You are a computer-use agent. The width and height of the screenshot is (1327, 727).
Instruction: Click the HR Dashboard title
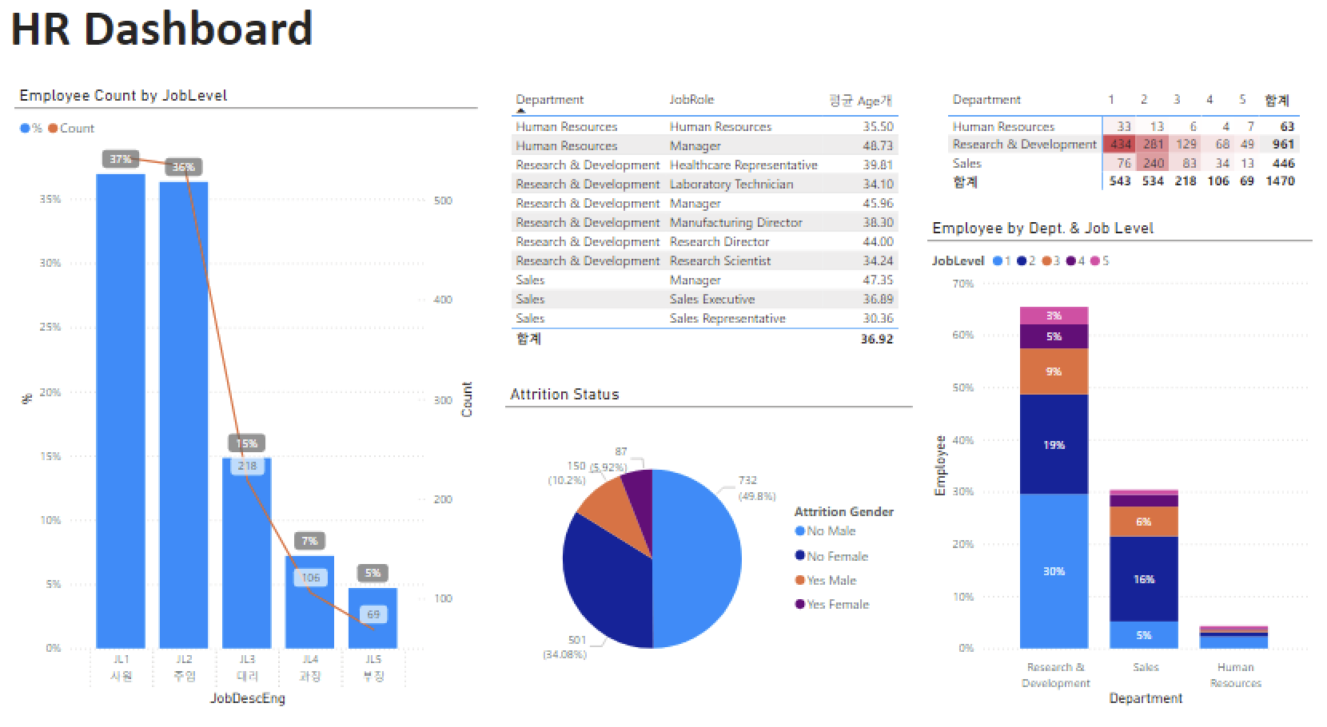[x=161, y=30]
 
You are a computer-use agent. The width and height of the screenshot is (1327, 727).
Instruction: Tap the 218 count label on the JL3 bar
[x=247, y=466]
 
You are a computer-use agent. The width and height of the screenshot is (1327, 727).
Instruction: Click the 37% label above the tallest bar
[x=121, y=159]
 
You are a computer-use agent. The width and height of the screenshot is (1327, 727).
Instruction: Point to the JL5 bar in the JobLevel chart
[x=373, y=623]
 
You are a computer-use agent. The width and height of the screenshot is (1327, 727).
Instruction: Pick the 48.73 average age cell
[x=878, y=145]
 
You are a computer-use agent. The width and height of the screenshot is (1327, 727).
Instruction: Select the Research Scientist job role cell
[x=720, y=260]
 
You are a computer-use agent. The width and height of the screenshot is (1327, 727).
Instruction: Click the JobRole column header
[x=691, y=100]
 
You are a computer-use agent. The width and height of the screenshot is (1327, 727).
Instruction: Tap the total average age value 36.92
[x=877, y=339]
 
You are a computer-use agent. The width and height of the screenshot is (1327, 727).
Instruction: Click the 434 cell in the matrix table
[x=1121, y=145]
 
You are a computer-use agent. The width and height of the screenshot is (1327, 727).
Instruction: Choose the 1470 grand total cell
[x=1279, y=181]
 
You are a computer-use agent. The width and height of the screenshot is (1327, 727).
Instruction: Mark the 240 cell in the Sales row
[x=1153, y=163]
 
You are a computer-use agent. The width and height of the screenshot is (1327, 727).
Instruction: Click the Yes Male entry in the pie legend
[x=831, y=580]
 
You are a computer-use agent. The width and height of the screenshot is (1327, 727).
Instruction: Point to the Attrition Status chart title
[x=564, y=395]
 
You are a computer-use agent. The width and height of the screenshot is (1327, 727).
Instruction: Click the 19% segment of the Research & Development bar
[x=1054, y=444]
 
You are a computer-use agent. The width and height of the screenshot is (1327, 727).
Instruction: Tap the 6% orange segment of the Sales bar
[x=1143, y=522]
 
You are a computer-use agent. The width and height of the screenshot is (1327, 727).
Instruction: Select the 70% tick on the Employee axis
[x=962, y=284]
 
